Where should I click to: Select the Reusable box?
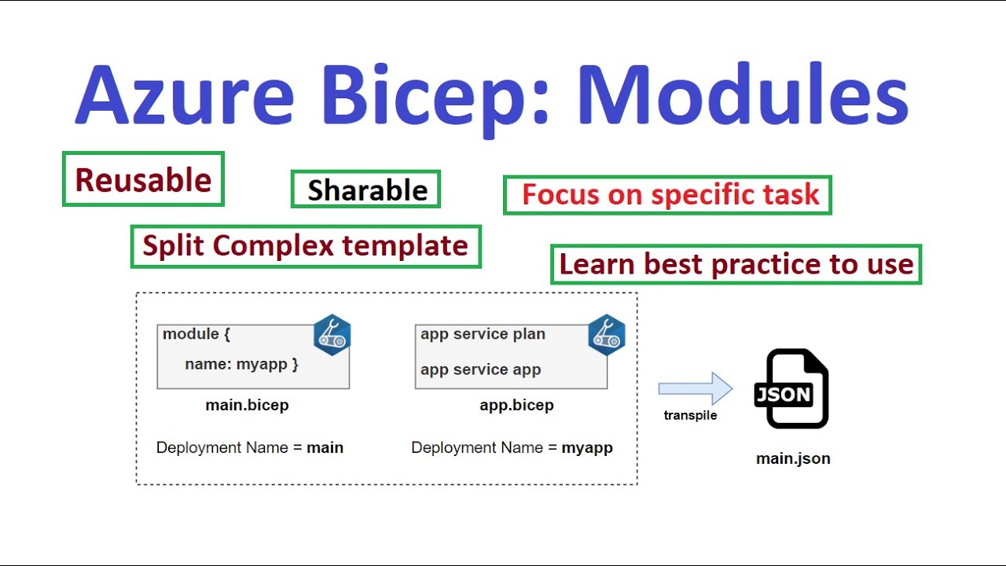pyautogui.click(x=143, y=180)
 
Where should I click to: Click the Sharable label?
pyautogui.click(x=366, y=190)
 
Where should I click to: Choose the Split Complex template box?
pyautogui.click(x=305, y=246)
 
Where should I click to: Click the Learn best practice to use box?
pyautogui.click(x=736, y=264)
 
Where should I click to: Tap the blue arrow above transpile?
pyautogui.click(x=695, y=388)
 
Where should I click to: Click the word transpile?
pyautogui.click(x=690, y=416)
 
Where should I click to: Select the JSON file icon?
pyautogui.click(x=791, y=388)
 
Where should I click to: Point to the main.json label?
pyautogui.click(x=793, y=458)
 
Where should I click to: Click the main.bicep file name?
pyautogui.click(x=247, y=406)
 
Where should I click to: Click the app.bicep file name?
pyautogui.click(x=516, y=406)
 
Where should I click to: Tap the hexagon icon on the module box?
pyautogui.click(x=332, y=335)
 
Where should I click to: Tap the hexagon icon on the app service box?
pyautogui.click(x=606, y=335)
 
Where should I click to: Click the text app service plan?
pyautogui.click(x=483, y=334)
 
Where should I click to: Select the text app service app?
pyautogui.click(x=480, y=369)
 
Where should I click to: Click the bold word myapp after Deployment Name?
pyautogui.click(x=586, y=448)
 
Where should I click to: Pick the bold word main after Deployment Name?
pyautogui.click(x=325, y=448)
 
